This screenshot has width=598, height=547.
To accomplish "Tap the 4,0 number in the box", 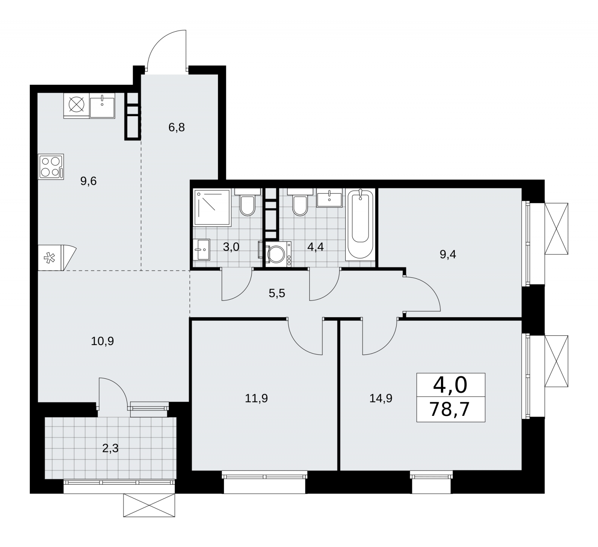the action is coord(450,385).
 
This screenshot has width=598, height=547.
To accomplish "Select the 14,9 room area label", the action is coord(381,398).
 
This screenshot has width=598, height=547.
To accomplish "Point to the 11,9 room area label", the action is coord(256,398).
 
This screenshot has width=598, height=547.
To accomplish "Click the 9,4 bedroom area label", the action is coord(448,255).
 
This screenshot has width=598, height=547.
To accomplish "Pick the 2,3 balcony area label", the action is coord(110,448).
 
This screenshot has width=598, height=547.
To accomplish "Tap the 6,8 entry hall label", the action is coord(176,128).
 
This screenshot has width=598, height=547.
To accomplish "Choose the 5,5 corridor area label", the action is coord(277,293).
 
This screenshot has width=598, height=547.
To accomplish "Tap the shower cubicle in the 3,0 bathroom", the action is coord(212,207).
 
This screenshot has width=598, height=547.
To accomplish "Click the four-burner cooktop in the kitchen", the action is coord(51,167).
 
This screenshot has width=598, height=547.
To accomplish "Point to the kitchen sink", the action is coord(102,106).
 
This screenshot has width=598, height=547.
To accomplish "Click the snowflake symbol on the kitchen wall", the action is coord(49,257).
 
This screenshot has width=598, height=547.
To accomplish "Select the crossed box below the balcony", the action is coord(149,506).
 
